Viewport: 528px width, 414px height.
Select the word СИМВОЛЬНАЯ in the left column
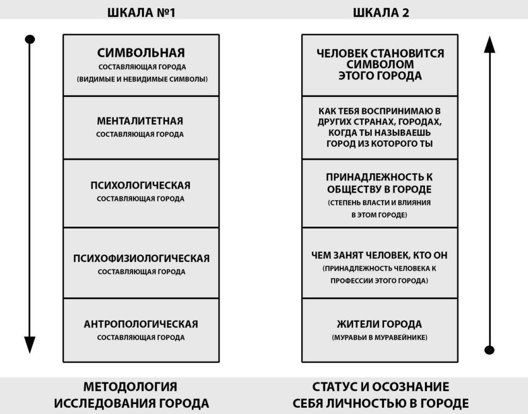(141, 53)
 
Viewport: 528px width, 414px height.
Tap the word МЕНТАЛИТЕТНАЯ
(140, 121)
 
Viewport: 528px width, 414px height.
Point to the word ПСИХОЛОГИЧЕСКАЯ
(140, 185)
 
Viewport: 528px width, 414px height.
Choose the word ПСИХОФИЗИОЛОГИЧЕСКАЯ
(141, 258)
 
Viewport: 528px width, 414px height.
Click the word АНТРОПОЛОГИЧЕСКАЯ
(141, 324)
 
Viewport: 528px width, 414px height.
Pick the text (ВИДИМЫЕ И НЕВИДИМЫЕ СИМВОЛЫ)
(141, 80)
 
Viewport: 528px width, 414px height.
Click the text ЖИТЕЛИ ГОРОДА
(379, 324)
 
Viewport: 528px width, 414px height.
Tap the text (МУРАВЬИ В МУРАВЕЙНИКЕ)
(379, 338)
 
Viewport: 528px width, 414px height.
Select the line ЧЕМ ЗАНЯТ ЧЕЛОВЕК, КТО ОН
(379, 255)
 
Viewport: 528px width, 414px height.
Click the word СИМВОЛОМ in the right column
(380, 64)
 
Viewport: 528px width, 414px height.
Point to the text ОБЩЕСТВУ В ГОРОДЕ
(379, 189)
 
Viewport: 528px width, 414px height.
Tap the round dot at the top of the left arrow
(30, 40)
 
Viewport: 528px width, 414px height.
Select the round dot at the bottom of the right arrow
(489, 350)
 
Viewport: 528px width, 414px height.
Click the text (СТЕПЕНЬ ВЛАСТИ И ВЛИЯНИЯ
(379, 203)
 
